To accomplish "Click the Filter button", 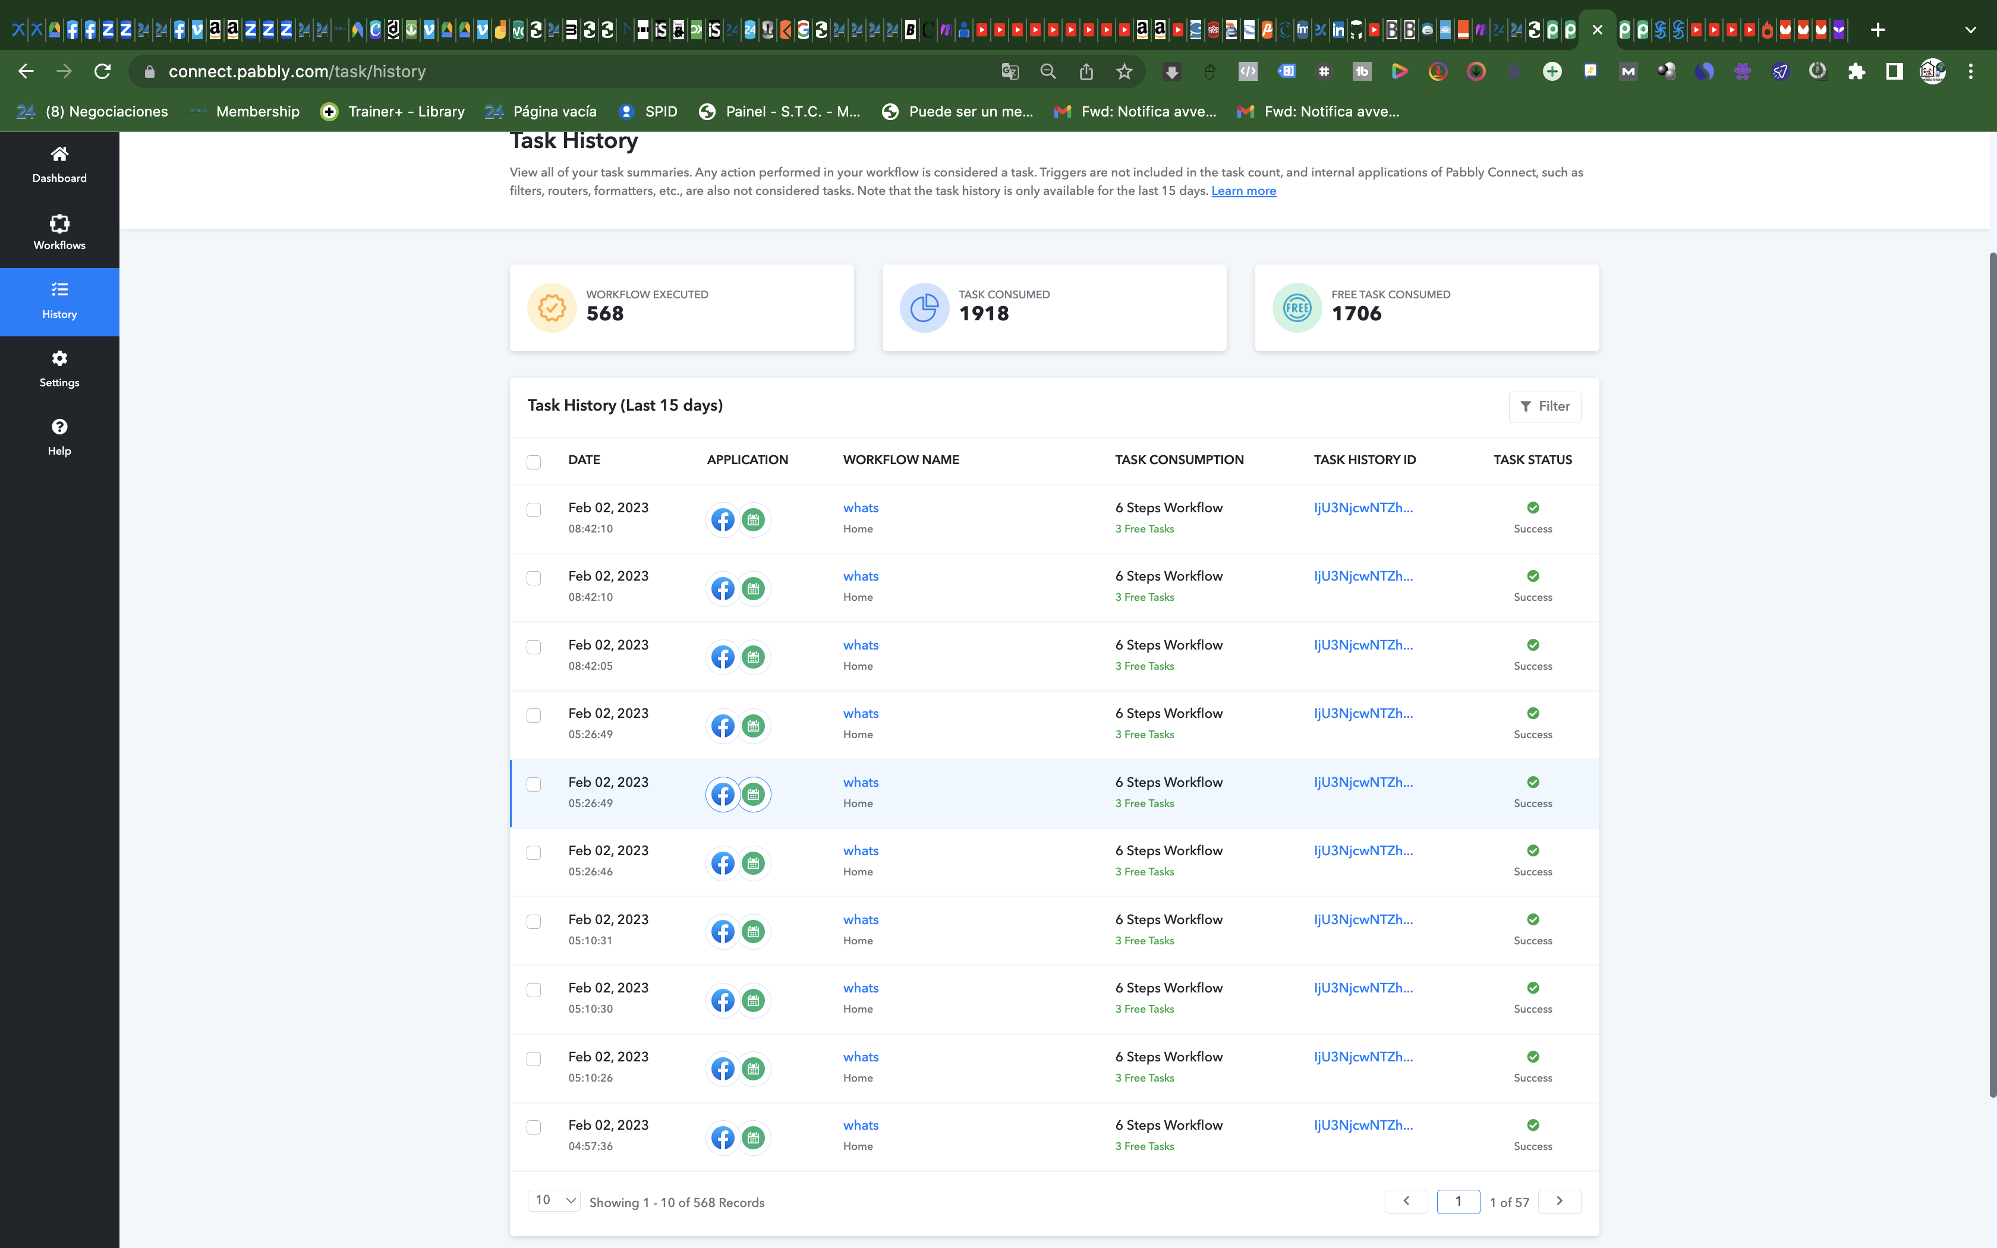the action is [1545, 406].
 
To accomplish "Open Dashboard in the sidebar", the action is [59, 164].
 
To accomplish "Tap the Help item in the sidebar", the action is [59, 437].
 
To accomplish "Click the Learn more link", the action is [1243, 191].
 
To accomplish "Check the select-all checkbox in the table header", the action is [534, 461].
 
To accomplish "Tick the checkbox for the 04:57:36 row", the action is [534, 1127].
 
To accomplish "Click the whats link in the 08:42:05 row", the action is [861, 645].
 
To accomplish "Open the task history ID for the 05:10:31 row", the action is [1363, 919].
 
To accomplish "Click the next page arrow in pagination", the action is [1560, 1201].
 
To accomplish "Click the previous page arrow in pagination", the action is [1406, 1201].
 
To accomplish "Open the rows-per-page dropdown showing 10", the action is [554, 1200].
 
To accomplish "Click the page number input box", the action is [1458, 1201].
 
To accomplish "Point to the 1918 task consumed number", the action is [984, 314].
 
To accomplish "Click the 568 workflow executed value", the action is [605, 314].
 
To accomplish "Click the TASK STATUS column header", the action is [1532, 460].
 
